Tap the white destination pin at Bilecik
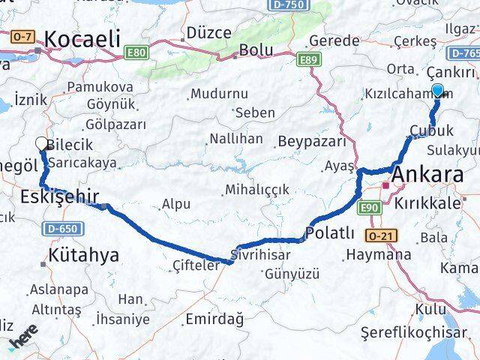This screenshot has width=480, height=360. coord(42,142)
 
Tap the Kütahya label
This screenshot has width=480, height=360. coord(83,255)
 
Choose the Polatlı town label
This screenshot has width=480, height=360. coord(330,232)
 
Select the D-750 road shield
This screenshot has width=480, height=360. coord(286,5)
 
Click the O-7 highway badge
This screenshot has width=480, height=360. coord(23,36)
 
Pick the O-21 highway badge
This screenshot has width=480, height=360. coord(381,235)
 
